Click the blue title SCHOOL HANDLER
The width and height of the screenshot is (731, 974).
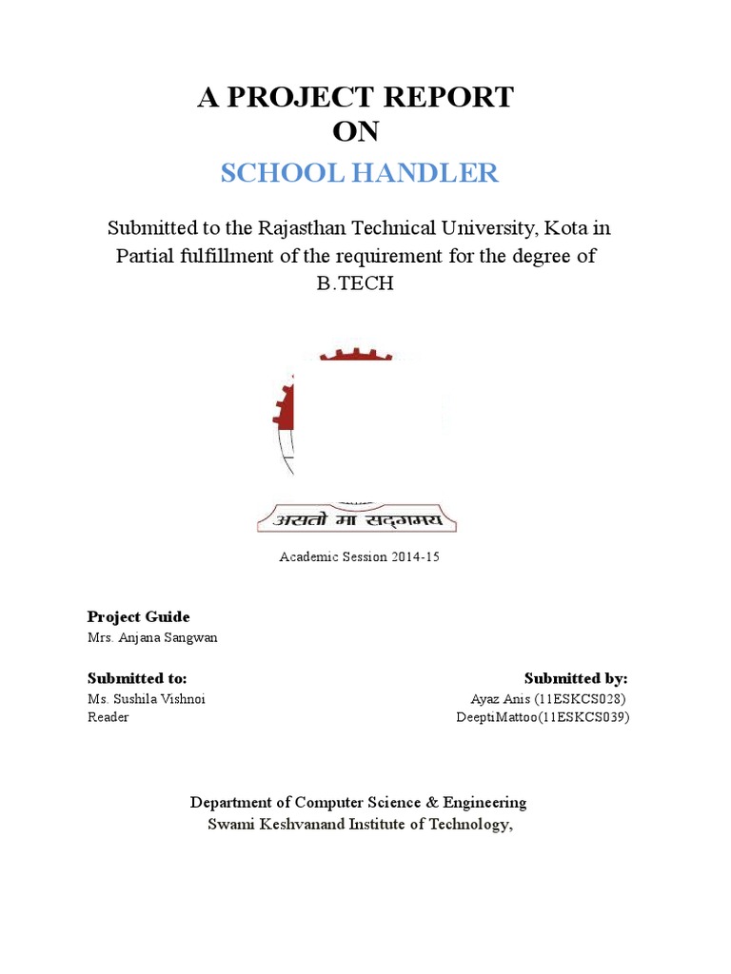359,173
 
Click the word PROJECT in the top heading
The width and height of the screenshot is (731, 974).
312,98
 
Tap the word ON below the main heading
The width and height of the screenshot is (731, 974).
355,131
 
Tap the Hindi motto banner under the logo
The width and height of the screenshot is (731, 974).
357,519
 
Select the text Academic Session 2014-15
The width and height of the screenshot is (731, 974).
359,557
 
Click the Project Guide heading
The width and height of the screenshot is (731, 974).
139,617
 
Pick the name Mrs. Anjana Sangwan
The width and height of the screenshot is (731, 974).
152,637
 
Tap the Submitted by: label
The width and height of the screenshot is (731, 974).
576,678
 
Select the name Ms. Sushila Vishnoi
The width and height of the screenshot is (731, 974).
147,698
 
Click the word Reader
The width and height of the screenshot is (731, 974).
108,717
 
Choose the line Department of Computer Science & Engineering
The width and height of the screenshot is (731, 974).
358,803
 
